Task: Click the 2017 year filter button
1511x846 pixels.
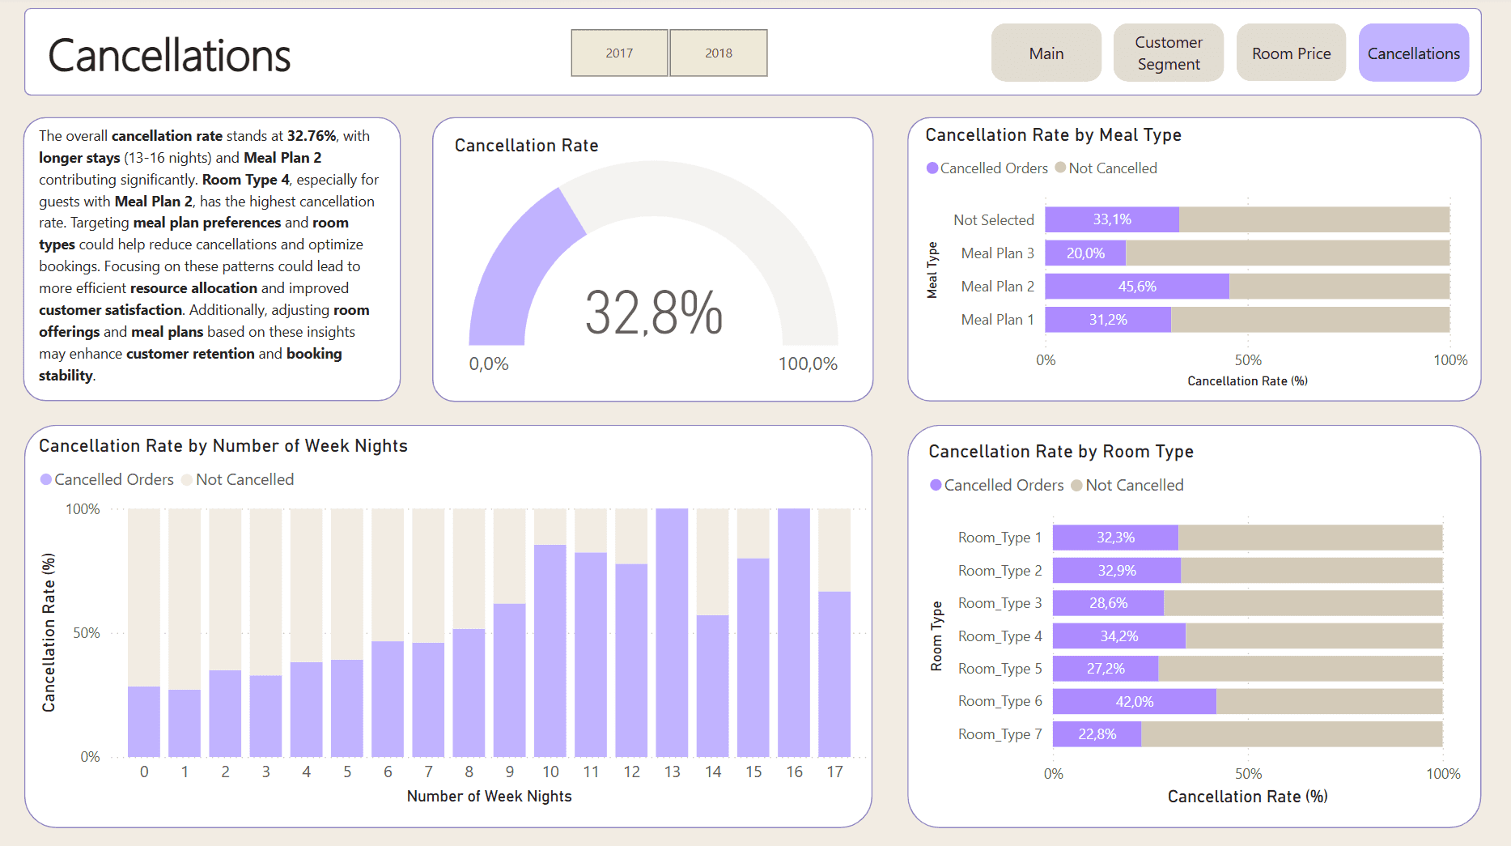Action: click(x=619, y=53)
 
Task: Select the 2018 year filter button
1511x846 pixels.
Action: click(x=718, y=53)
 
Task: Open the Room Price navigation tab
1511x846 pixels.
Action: click(x=1291, y=53)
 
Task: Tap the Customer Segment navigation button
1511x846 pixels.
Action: click(x=1168, y=53)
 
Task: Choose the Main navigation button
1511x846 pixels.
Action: click(x=1046, y=53)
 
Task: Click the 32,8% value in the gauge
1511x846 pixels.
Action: click(x=653, y=313)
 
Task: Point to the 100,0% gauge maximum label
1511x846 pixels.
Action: click(x=807, y=364)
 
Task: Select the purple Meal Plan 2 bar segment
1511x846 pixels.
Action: click(x=1136, y=287)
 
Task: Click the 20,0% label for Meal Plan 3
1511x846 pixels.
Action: click(x=1085, y=253)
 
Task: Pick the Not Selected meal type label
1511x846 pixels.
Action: click(x=993, y=220)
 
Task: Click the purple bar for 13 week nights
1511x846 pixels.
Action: click(x=672, y=631)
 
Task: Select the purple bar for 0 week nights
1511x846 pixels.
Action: click(x=144, y=721)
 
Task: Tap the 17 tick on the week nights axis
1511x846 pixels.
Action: click(x=834, y=772)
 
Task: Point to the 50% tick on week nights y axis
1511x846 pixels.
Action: click(x=87, y=633)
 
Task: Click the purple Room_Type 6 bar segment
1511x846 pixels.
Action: click(x=1134, y=702)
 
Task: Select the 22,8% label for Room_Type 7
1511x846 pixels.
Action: click(x=1097, y=734)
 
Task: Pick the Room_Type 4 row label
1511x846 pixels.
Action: click(x=1000, y=636)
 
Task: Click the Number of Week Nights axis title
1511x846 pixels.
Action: click(x=489, y=797)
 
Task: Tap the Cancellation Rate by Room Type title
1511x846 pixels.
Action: click(x=1060, y=452)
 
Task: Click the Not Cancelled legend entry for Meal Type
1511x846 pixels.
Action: click(x=1112, y=168)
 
